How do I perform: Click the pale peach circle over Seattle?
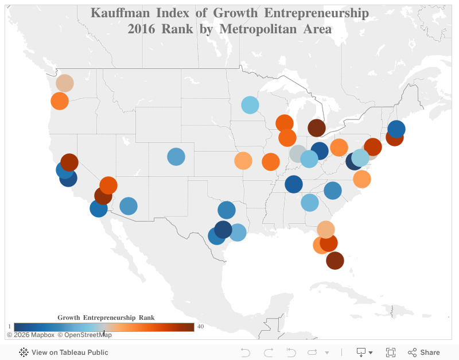coord(65,83)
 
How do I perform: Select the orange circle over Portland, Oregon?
coord(60,101)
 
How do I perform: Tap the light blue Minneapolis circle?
coord(250,105)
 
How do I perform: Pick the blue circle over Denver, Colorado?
coord(176,157)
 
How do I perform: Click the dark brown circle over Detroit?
coord(317,128)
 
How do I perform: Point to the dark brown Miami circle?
coord(335,261)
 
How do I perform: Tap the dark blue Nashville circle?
coord(294,184)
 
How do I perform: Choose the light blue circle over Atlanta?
coord(309,203)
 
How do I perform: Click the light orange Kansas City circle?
coord(243,161)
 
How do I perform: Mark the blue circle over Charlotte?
coord(333,191)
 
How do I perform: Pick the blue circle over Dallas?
coord(227,210)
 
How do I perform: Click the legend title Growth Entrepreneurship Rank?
coord(106,318)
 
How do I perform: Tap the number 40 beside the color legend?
coord(200,327)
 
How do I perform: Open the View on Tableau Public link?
coord(69,353)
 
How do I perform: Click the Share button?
coord(424,353)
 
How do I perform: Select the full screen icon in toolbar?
coord(391,353)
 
